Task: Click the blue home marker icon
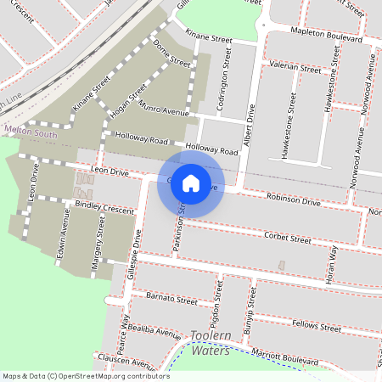191,183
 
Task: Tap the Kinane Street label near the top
209,38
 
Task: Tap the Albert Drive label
250,126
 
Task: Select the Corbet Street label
288,239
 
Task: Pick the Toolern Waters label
210,342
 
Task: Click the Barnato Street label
171,300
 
